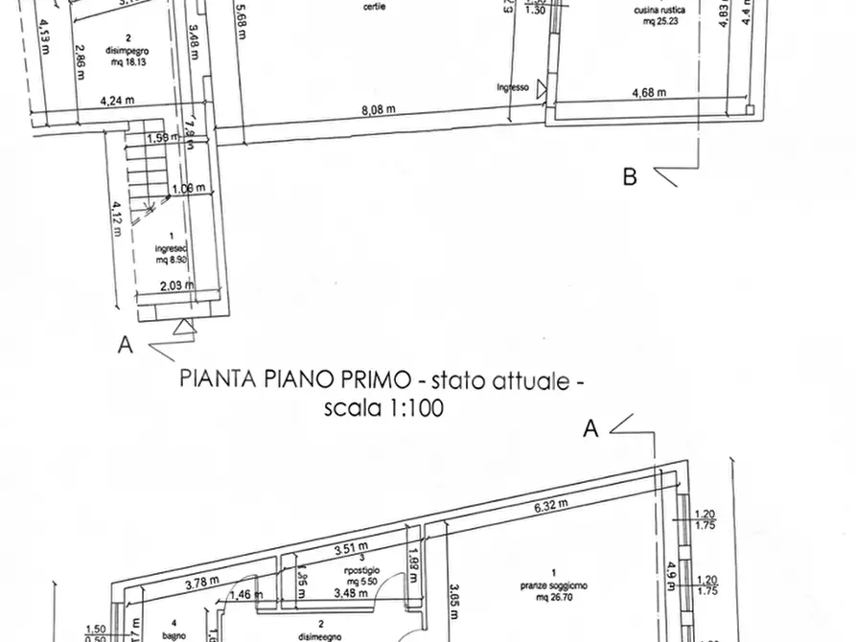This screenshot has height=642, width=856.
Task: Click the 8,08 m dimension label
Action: [x=378, y=110]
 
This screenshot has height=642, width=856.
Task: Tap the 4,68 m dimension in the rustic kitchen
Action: [x=649, y=93]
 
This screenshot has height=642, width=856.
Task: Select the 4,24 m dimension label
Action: [x=116, y=98]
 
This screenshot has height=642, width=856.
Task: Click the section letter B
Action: [x=630, y=176]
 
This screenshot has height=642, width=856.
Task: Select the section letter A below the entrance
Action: [x=125, y=345]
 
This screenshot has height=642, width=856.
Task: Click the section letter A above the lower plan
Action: [x=591, y=429]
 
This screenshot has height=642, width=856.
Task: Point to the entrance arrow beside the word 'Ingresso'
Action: [x=543, y=89]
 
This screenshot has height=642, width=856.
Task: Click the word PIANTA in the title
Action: [x=219, y=379]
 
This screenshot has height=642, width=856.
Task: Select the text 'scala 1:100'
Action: [x=383, y=407]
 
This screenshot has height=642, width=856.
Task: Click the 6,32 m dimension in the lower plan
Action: [x=549, y=504]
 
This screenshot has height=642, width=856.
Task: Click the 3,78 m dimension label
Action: [x=200, y=580]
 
